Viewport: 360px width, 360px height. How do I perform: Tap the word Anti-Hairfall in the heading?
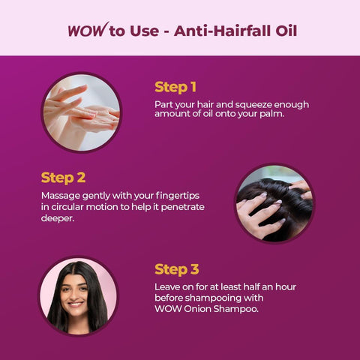[x=222, y=31]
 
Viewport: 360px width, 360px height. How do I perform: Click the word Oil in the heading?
[x=286, y=31]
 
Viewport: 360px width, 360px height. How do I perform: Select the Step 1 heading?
[x=175, y=87]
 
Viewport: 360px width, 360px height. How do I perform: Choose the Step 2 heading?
[x=63, y=178]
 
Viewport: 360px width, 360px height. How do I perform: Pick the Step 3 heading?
[x=177, y=269]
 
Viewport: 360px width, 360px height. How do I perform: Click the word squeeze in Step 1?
[x=253, y=105]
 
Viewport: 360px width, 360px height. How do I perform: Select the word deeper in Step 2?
[x=58, y=218]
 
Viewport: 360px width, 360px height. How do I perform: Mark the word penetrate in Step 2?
[x=182, y=207]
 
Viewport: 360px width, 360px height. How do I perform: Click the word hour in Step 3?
[x=286, y=286]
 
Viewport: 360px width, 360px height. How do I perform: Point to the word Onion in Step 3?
[x=197, y=309]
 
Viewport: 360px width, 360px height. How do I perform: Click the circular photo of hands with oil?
[x=82, y=112]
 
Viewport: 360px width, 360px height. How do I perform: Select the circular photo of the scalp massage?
[x=274, y=203]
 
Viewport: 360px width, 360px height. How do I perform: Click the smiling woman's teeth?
[x=76, y=304]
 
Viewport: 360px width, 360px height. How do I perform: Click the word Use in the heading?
[x=144, y=31]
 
